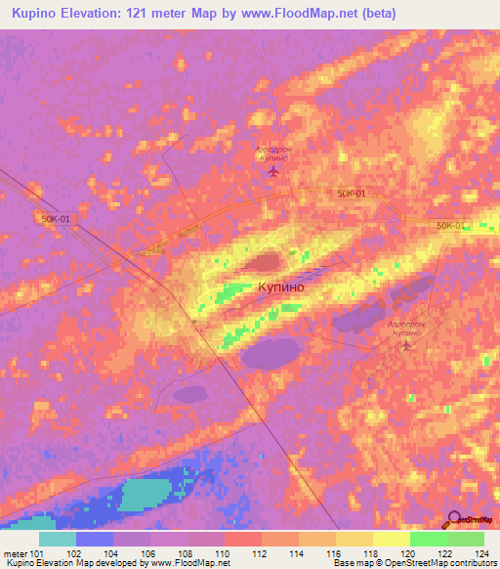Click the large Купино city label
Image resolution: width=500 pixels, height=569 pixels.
(280, 288)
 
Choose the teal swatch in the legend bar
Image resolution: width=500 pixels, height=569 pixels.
(58, 538)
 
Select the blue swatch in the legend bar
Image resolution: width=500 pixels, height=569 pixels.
(95, 538)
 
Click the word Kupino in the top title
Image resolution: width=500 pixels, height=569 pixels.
(33, 14)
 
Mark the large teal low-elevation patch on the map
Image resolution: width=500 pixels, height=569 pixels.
(147, 493)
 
